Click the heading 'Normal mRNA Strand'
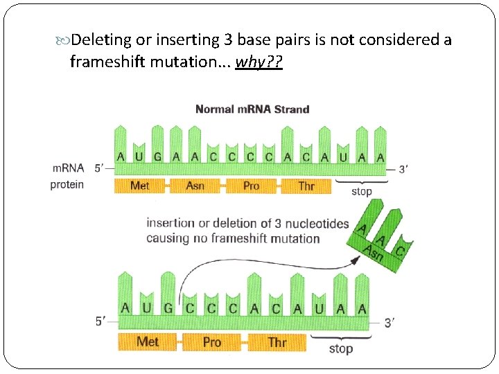click(252, 109)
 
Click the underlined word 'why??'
click(259, 62)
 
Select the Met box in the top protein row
click(139, 186)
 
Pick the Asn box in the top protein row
click(195, 186)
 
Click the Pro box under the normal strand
click(251, 186)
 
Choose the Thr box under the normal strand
click(306, 186)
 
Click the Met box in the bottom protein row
click(147, 341)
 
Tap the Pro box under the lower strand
click(211, 341)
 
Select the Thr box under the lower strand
click(277, 341)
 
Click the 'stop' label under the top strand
click(361, 192)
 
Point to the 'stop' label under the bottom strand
click(340, 349)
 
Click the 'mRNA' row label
click(68, 168)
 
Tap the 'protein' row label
click(67, 185)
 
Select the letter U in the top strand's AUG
click(139, 157)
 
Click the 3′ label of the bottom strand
click(389, 322)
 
